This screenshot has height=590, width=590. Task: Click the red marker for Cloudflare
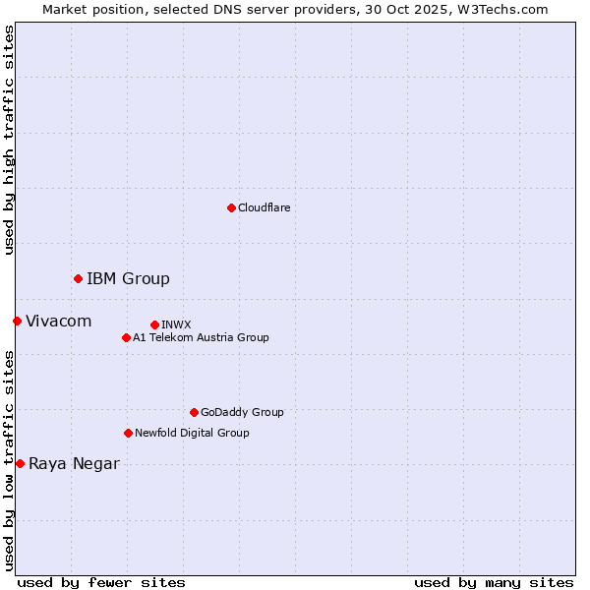coord(231,207)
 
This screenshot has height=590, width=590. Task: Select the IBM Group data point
coord(78,279)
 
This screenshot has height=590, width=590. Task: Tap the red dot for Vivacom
coord(17,322)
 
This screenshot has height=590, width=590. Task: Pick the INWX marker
coord(154,324)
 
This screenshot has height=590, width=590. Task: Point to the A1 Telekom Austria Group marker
coord(126,337)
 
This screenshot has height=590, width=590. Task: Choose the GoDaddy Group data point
coord(194,412)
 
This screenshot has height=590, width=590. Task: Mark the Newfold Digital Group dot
coord(128,433)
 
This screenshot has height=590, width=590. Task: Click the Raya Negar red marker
coord(20,463)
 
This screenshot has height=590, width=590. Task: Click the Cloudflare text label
coord(265,207)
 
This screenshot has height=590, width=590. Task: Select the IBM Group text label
coord(128,279)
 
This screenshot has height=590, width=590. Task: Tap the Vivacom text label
coord(58,322)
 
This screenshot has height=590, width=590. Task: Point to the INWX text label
coord(176,324)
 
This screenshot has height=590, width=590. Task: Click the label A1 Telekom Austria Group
coord(201,337)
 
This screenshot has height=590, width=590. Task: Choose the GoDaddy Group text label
coord(242,412)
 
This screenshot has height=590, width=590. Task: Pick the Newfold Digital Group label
coord(192,433)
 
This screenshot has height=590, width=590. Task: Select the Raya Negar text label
coord(74,464)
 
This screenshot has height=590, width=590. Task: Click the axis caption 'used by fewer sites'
coord(101,582)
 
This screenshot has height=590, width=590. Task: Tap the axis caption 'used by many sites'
coord(494,582)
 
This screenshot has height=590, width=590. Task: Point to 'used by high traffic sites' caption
coord(9,140)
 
